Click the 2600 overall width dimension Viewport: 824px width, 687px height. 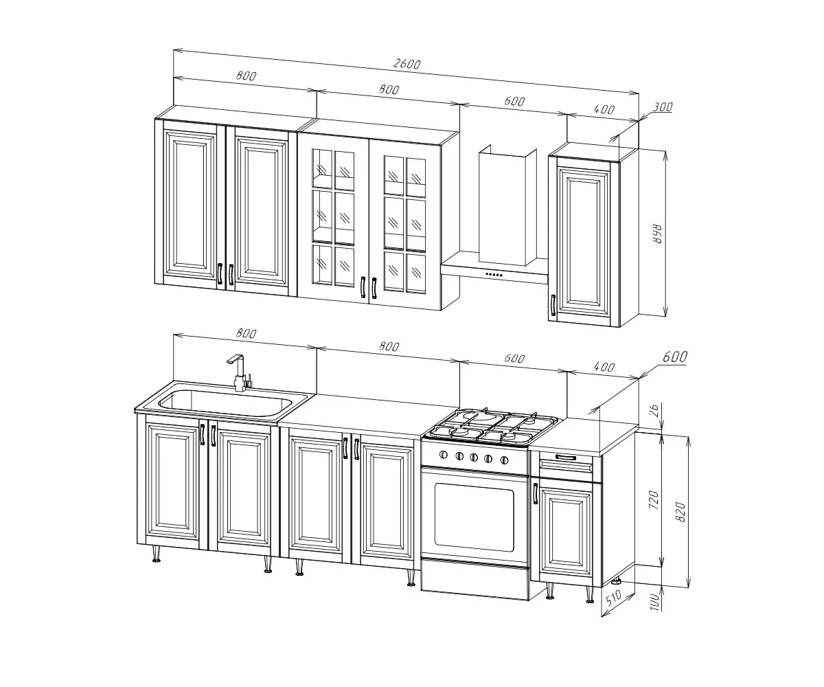click(407, 64)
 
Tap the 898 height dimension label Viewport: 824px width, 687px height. click(657, 234)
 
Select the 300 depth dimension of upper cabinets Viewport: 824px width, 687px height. click(663, 106)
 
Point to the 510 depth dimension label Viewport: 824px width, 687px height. click(614, 598)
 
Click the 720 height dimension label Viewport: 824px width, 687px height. click(654, 499)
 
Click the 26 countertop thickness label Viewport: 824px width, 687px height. click(654, 410)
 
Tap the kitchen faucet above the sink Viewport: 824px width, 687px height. click(239, 373)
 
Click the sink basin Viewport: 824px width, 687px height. click(225, 403)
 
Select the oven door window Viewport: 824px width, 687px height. click(474, 517)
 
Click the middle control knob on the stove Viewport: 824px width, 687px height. click(474, 458)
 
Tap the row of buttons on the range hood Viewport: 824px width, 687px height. click(494, 274)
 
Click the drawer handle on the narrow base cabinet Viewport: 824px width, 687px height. click(566, 458)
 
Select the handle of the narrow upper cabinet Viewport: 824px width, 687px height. click(553, 305)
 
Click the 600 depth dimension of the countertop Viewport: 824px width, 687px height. click(674, 357)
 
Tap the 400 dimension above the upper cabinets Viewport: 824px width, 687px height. click(604, 109)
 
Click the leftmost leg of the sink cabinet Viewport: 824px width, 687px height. click(157, 554)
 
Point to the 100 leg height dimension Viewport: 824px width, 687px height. click(654, 602)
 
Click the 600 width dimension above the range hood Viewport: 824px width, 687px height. click(514, 102)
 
